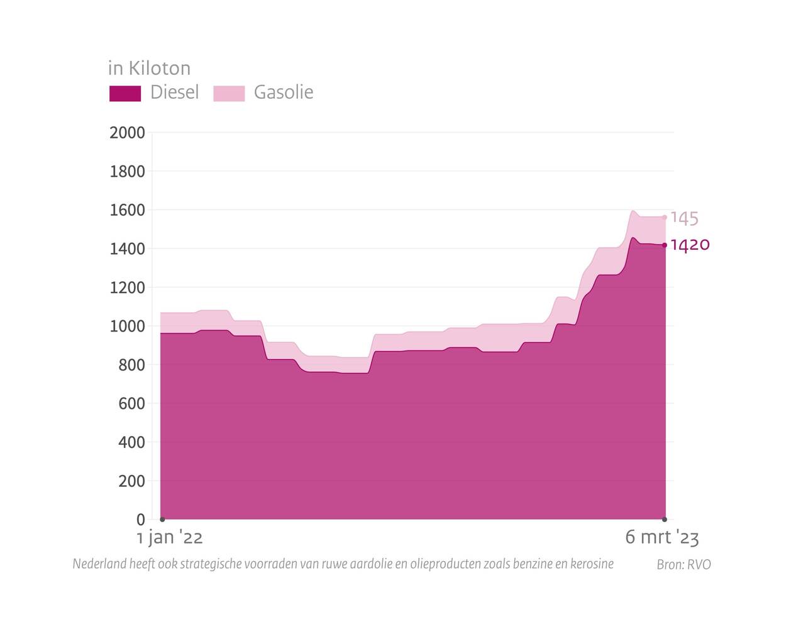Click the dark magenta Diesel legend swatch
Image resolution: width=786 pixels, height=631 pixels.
(125, 93)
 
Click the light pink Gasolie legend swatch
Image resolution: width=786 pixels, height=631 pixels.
(229, 93)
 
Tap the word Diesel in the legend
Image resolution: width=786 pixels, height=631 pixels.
(174, 92)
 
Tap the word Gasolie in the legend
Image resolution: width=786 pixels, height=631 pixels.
(284, 92)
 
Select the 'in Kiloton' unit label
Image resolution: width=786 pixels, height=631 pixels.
(149, 68)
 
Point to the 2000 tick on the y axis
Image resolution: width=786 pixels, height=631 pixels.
(127, 133)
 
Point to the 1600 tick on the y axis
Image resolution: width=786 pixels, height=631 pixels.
(127, 210)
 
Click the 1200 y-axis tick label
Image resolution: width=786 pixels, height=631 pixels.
(127, 288)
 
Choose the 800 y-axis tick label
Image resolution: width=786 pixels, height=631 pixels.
(131, 365)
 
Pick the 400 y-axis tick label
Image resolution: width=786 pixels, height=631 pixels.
(131, 442)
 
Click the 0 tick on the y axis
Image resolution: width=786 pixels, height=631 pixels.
(140, 520)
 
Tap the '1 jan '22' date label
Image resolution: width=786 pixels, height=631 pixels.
(170, 538)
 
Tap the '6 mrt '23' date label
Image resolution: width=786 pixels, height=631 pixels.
(661, 538)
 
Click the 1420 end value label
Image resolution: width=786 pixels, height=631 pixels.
(690, 245)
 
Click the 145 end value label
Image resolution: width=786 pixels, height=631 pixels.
(684, 218)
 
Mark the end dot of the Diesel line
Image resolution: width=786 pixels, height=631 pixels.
(665, 245)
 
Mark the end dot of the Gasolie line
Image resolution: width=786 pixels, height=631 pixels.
(665, 218)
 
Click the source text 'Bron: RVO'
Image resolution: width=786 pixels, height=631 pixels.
(684, 564)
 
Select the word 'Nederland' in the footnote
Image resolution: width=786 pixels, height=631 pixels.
(99, 564)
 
